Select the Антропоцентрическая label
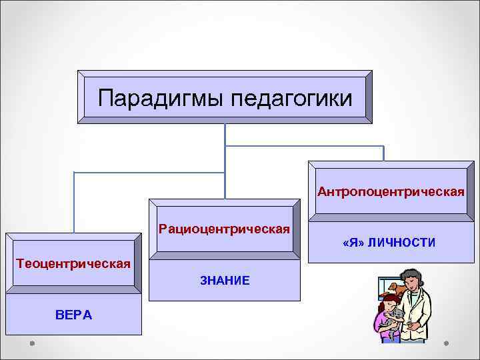coord(391,192)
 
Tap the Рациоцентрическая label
coord(224,229)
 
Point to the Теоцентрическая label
coord(73,262)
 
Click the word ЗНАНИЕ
coord(225,281)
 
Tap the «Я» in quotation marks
coord(353,243)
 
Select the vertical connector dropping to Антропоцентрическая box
coord(384,153)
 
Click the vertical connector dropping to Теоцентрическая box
coord(74,200)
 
